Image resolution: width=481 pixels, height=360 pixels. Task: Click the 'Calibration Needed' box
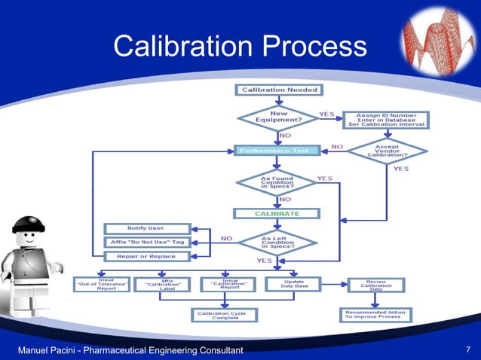pos(280,90)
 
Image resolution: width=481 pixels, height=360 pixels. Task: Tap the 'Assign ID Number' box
pos(384,119)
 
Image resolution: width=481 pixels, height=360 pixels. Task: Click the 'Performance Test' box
pos(278,151)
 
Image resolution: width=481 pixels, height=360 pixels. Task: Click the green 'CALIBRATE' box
pos(277,213)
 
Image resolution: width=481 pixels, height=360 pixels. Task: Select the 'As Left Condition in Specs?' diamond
pos(277,242)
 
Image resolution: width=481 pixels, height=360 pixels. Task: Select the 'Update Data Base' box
pos(294,284)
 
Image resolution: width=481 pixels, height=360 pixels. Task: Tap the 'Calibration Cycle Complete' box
pos(227,314)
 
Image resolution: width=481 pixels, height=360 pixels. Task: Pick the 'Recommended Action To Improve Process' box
pos(375,314)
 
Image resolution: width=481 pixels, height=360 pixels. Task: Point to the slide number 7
pos(468,349)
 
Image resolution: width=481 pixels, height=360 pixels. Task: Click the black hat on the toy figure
pos(29,224)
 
